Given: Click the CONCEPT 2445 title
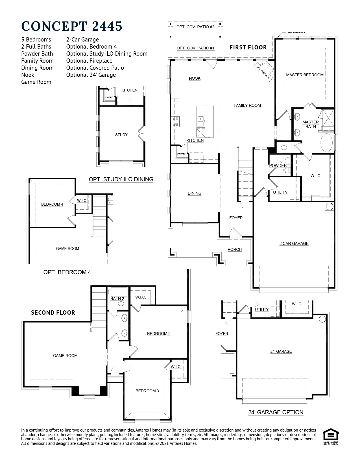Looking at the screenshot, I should pos(72,26).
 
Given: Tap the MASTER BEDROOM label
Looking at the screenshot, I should pos(305,75).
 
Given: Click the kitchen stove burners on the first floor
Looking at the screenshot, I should pos(175,122).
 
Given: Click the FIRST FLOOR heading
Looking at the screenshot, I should pos(248,47).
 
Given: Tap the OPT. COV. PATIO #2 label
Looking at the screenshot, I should pos(195,27).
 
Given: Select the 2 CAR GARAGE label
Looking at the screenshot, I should pos(294,243).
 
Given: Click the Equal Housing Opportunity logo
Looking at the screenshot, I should pos(330,437).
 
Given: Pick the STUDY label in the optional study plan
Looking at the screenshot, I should pos(121,135).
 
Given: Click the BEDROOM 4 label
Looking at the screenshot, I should pos(52,204).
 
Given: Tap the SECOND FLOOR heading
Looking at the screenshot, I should pos(53,313).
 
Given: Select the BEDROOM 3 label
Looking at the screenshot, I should pos(147,391).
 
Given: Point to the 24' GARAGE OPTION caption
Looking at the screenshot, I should pos(276,412).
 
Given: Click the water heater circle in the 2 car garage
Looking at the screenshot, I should pos(329,206).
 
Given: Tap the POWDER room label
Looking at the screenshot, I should pos(278,166).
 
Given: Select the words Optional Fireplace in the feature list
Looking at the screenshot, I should pos(89,61).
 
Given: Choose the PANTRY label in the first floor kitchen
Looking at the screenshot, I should pos(181,154).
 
